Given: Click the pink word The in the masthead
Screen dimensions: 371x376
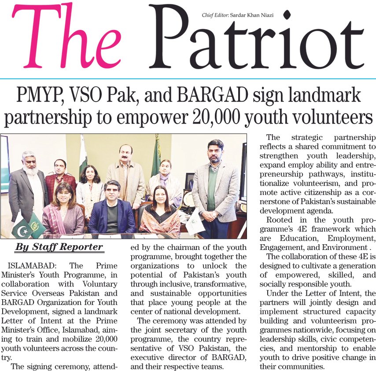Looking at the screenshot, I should [x=66, y=38].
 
